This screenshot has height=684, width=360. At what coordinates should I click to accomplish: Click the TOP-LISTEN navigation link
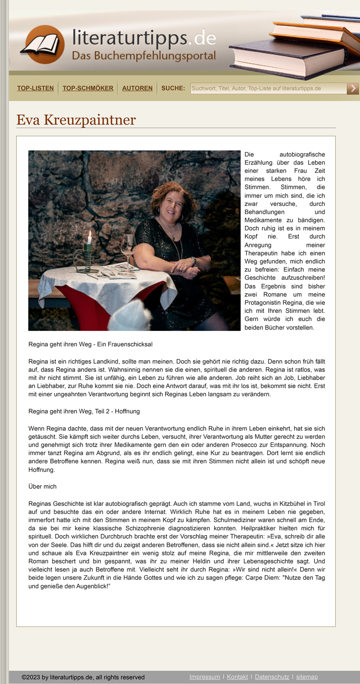(x=35, y=88)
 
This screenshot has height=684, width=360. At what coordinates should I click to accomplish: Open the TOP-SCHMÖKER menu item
(x=88, y=88)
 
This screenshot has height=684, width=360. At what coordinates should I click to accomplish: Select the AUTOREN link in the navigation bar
(x=137, y=88)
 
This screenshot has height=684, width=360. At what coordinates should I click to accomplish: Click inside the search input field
(x=268, y=88)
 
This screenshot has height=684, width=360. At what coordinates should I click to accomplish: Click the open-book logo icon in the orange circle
(x=42, y=45)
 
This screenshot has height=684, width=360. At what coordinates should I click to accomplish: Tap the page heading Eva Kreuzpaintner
(x=76, y=120)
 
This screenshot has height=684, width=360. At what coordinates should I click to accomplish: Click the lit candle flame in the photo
(x=89, y=234)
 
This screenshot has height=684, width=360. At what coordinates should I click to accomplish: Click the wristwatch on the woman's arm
(x=193, y=260)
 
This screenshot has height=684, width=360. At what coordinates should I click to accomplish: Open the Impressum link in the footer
(x=205, y=677)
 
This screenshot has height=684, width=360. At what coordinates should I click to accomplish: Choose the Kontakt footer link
(x=237, y=677)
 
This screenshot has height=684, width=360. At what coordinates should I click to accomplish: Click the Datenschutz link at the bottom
(x=272, y=677)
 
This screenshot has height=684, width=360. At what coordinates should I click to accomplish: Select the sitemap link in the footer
(x=307, y=677)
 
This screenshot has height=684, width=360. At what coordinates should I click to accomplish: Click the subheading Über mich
(x=42, y=487)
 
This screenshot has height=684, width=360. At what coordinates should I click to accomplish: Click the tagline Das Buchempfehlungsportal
(x=144, y=56)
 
